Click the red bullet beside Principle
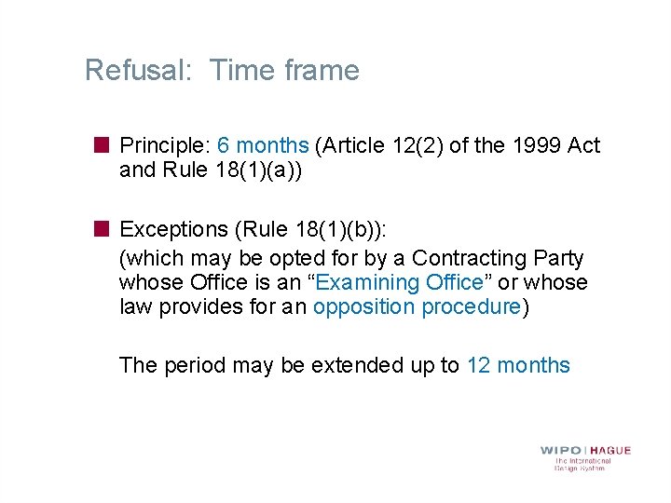point(102,145)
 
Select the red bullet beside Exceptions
point(102,229)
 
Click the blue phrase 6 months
point(262,145)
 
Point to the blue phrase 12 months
point(517,365)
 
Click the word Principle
point(164,145)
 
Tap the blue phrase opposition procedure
point(417,307)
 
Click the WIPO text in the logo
point(560,451)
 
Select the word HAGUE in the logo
point(609,451)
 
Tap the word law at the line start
point(133,307)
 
